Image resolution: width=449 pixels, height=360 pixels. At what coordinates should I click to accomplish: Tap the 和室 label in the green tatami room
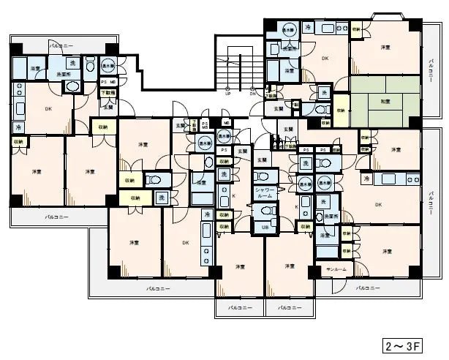point(384,103)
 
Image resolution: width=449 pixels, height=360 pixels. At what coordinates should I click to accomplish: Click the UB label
point(265,228)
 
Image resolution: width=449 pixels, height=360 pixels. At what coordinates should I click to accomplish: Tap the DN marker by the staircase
point(252,94)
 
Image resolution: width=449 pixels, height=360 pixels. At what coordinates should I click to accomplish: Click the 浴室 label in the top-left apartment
point(35,68)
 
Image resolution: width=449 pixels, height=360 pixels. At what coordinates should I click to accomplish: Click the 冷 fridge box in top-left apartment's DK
point(18,127)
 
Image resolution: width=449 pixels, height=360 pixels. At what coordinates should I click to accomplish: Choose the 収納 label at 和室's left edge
point(341,110)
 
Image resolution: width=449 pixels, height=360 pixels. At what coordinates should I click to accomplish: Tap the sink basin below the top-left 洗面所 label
point(73,87)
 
